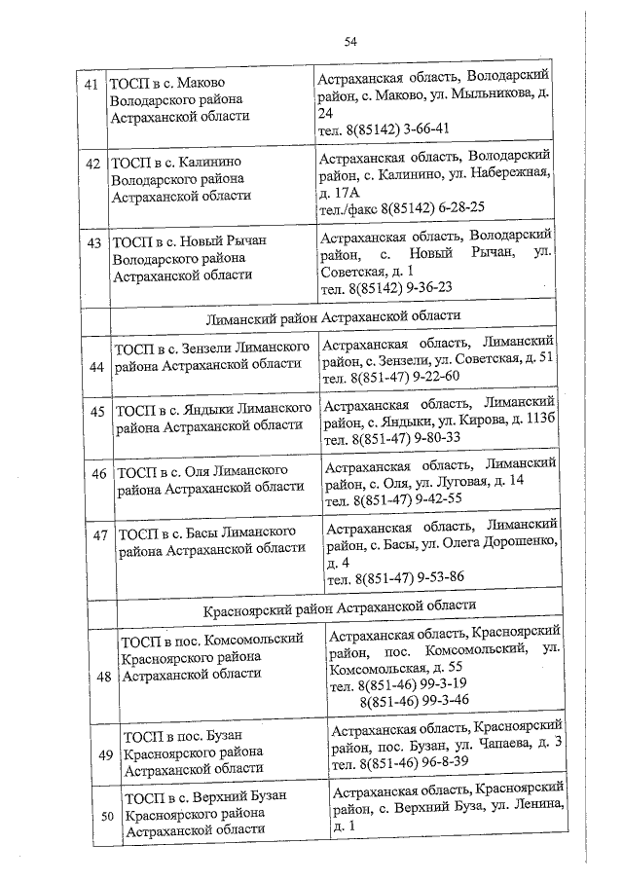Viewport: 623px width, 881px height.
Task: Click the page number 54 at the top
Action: coord(350,41)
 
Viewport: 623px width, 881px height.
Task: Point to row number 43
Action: coord(93,242)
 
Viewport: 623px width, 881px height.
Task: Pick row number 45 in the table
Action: coord(97,412)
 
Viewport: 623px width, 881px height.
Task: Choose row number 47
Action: coord(99,534)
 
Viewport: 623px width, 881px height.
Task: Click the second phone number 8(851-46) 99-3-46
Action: coord(414,700)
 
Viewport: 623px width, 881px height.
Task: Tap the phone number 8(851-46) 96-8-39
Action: coord(416,762)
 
